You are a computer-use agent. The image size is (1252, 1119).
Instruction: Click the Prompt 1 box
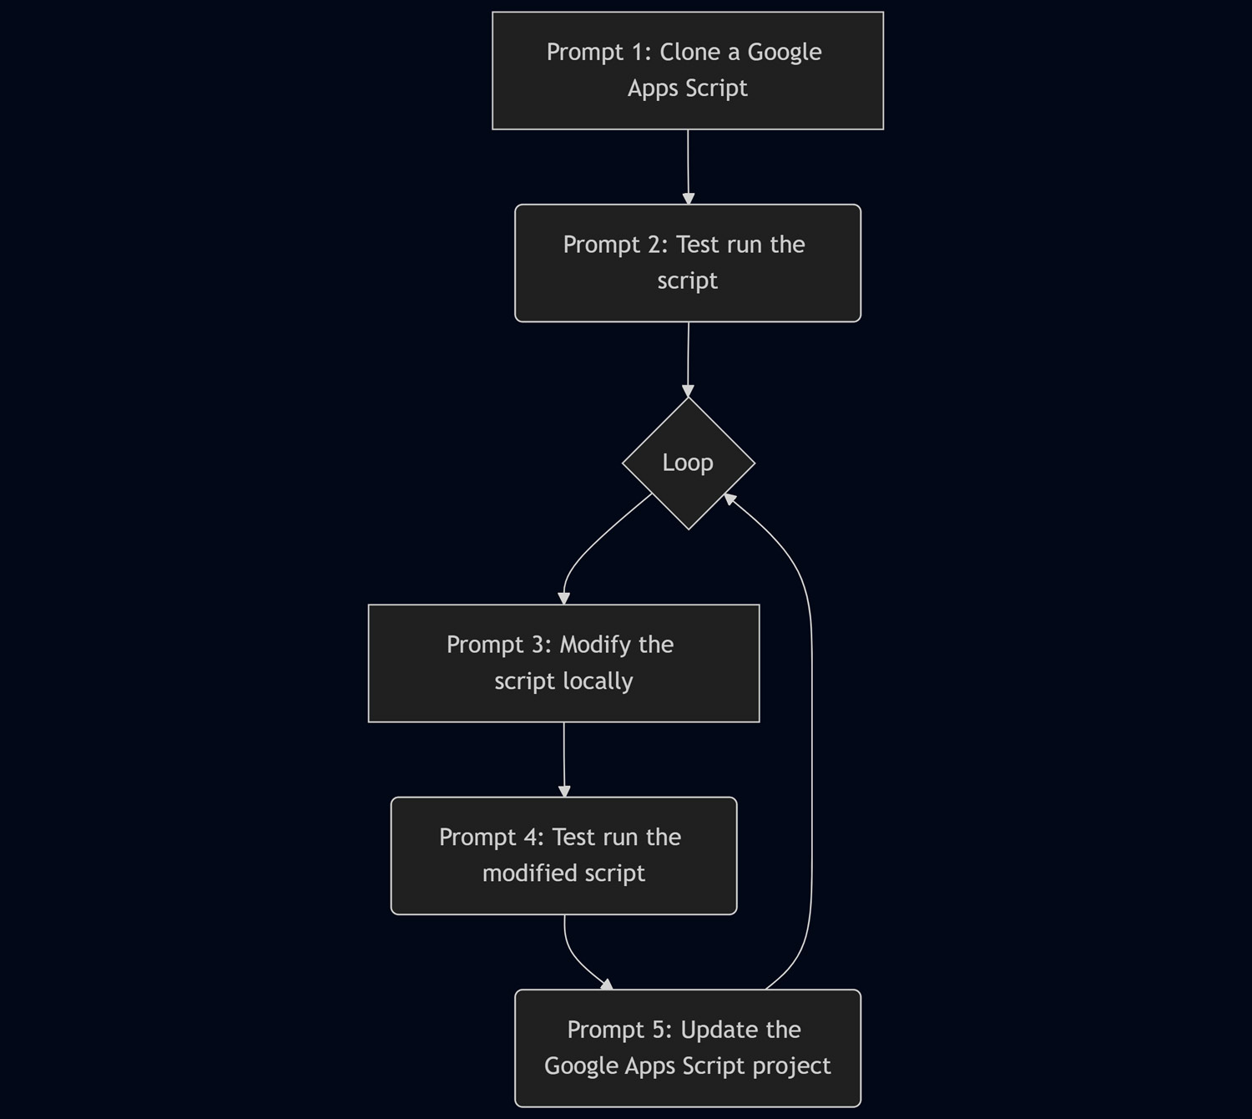687,70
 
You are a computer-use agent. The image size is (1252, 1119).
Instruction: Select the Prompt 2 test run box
687,262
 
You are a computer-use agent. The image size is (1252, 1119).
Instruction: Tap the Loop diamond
688,463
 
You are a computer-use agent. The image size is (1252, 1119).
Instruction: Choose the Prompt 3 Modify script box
563,663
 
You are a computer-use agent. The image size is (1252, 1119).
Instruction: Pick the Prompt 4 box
563,855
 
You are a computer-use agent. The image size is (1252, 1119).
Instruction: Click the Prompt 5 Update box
687,1047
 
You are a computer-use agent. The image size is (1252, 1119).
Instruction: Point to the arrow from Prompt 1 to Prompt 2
688,166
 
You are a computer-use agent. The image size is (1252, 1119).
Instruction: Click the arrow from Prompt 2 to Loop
688,358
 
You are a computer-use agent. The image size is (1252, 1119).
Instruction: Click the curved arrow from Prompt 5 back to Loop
810,752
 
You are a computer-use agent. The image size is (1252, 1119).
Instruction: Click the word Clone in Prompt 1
690,52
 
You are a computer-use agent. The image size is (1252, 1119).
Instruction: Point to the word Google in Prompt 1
784,52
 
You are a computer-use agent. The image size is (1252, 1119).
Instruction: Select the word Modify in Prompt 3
595,645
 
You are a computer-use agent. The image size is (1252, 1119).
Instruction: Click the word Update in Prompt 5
718,1030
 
